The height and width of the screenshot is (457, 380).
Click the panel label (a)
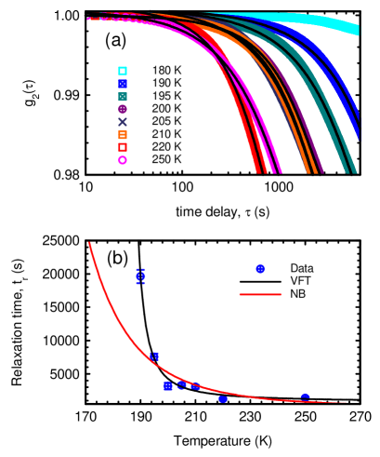115,41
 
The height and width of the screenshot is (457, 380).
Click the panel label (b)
117,258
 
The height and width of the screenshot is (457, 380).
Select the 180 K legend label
166,71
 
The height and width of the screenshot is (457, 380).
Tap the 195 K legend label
166,96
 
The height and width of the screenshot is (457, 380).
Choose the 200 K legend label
166,109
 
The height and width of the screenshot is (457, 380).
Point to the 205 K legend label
166,122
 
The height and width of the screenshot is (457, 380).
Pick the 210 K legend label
166,135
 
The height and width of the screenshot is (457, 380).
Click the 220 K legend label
166,147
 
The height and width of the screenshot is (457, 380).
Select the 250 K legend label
166,160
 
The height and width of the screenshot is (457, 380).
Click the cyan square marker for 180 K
123,71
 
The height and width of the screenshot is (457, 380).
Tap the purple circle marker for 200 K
123,109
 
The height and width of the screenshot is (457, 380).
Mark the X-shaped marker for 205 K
123,122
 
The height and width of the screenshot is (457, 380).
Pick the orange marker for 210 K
123,135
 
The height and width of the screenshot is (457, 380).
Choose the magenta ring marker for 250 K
123,160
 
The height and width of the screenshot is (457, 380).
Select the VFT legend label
300,281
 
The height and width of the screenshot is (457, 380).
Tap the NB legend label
297,294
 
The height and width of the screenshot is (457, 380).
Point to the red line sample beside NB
260,294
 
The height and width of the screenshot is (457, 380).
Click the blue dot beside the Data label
260,268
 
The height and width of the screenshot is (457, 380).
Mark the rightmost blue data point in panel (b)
305,397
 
